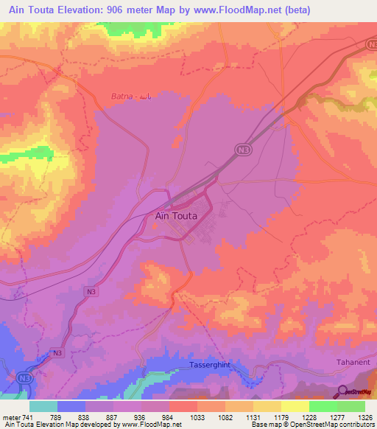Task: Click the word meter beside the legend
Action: tap(10, 416)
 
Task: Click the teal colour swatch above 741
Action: tap(43, 406)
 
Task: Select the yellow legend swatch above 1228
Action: tap(295, 406)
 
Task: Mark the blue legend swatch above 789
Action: tap(71, 406)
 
